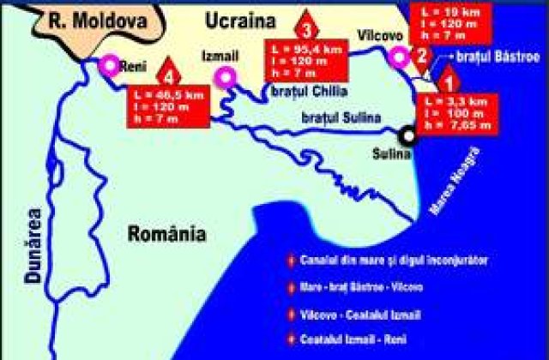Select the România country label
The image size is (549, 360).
coord(165,233)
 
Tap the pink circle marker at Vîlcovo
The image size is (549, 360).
coord(397,57)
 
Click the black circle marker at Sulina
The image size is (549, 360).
coord(407,134)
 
